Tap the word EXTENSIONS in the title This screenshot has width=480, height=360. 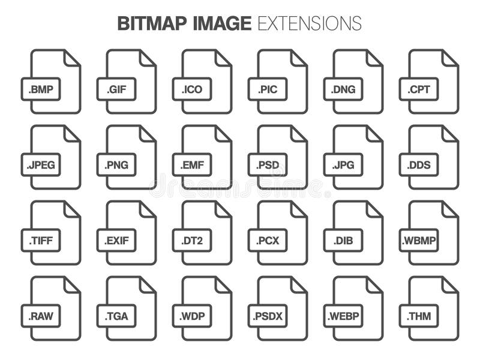(309, 23)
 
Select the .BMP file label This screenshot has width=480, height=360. (41, 89)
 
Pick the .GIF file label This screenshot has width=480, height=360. (116, 89)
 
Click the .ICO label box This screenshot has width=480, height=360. (192, 89)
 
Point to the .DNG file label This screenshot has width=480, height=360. (343, 89)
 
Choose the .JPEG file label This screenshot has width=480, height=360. (41, 165)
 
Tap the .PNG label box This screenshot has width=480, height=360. (116, 165)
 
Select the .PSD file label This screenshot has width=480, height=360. (268, 165)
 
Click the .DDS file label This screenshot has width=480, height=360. (419, 165)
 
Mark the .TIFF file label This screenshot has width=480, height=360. (41, 241)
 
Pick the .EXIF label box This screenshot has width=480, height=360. (116, 241)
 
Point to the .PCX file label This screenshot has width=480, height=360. (268, 241)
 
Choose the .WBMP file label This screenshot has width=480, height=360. (419, 241)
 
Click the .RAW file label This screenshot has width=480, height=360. (41, 316)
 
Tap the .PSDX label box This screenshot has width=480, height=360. (268, 316)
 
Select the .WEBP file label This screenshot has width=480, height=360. (343, 316)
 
